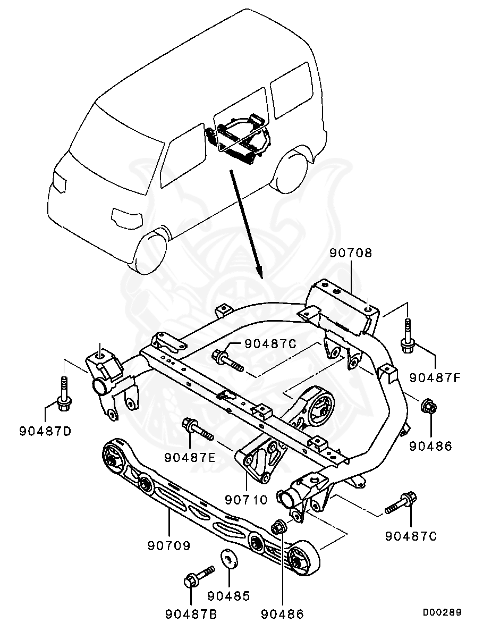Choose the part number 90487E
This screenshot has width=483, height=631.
point(190,457)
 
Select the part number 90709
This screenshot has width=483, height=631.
point(169,545)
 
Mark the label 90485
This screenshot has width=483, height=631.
point(228,596)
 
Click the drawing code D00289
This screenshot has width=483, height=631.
point(442,612)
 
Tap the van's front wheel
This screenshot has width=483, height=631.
point(155,252)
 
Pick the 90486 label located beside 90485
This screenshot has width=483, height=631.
point(282,615)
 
